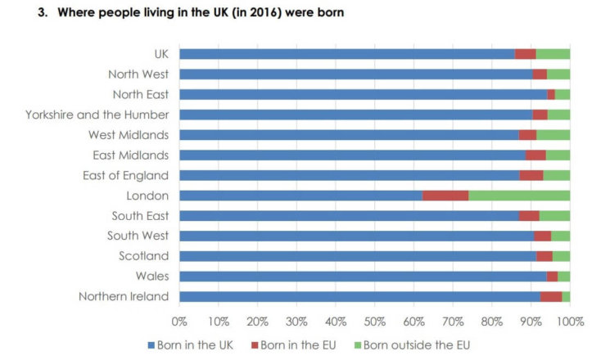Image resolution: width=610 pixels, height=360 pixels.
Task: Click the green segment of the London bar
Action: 519,196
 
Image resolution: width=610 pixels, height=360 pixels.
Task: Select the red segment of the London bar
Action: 445,196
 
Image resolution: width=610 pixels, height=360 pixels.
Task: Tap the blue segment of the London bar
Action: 300,196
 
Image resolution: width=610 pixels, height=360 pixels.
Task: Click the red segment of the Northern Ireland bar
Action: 551,296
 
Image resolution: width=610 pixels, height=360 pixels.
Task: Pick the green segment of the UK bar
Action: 553,54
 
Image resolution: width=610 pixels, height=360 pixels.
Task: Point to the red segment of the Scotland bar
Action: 544,256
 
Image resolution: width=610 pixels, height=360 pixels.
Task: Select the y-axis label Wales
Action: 153,276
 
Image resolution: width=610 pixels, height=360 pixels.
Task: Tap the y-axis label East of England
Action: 125,175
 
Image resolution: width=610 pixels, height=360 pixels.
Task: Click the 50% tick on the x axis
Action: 374,321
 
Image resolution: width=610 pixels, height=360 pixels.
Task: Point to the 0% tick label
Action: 179,321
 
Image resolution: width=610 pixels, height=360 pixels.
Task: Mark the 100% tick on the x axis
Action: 569,321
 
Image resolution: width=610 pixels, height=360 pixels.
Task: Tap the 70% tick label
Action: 452,321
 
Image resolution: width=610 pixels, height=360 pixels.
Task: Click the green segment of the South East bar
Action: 554,216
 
